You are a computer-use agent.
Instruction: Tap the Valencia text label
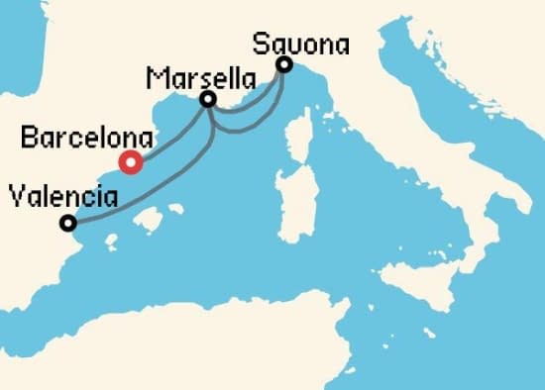(62, 198)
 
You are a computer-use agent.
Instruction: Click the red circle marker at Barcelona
(130, 162)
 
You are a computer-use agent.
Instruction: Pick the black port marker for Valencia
(67, 224)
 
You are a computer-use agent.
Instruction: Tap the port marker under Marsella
(208, 99)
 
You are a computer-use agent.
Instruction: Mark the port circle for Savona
(284, 65)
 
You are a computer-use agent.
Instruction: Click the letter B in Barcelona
(28, 138)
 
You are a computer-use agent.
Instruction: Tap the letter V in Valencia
(15, 198)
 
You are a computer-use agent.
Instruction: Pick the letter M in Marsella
(154, 77)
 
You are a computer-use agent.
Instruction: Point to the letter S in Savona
(260, 44)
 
